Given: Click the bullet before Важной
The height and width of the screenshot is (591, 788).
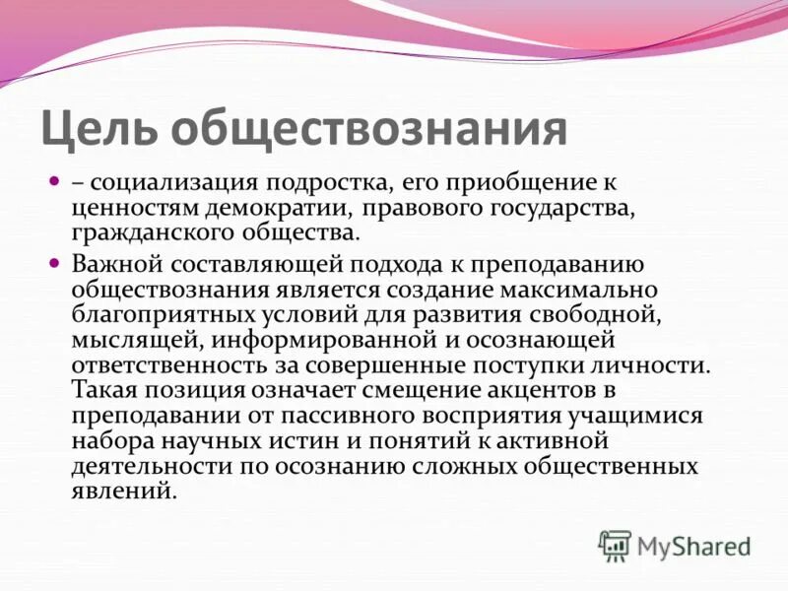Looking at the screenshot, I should point(55,263).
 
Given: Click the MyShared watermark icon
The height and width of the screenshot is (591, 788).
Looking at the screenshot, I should point(615,545).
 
